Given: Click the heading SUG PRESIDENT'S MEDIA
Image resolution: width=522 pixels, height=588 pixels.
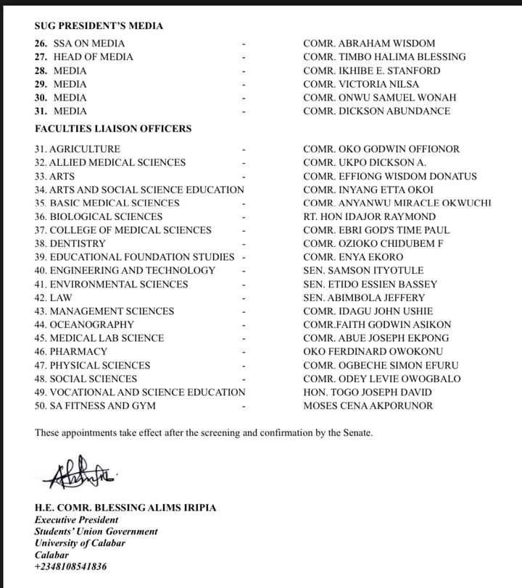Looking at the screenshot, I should pos(99,26).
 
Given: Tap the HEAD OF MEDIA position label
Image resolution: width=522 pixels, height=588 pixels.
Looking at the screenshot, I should pos(94,56).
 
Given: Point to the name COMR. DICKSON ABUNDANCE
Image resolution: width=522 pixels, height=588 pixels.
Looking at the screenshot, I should pos(377,111).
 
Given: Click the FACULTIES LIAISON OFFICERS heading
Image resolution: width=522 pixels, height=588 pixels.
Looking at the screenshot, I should pos(113,129).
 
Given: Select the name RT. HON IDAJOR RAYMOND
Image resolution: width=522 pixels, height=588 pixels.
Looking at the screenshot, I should pos(370,217).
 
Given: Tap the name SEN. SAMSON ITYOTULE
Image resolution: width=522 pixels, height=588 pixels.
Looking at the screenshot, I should pos(364,270).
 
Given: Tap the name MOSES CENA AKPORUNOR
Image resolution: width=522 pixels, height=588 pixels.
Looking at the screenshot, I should pos(368,406).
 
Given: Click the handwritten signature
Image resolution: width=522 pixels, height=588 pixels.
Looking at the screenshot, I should pos(75,474).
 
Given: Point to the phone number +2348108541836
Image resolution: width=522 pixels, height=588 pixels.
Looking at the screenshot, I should pos(70,566).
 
